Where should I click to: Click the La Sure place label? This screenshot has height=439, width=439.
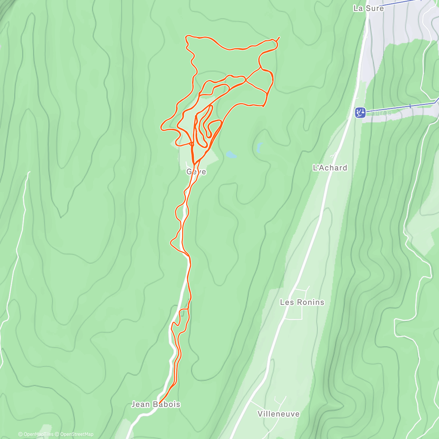(368, 8)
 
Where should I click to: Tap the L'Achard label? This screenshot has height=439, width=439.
(330, 168)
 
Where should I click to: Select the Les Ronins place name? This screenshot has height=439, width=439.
(302, 302)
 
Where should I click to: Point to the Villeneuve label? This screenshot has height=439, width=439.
(278, 414)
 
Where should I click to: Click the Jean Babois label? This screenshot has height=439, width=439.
(156, 404)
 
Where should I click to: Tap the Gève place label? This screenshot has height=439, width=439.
(196, 172)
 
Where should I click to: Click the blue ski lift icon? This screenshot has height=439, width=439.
(360, 112)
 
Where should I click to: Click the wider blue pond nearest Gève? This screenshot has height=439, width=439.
(231, 155)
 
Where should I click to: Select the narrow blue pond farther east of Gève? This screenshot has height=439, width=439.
(259, 147)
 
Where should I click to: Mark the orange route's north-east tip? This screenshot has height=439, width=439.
(279, 37)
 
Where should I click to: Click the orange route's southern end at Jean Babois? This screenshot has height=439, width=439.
(160, 403)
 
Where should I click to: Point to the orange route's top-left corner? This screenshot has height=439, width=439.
(187, 37)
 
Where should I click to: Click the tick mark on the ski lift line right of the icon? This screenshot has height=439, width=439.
(410, 106)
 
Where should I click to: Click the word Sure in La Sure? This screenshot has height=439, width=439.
(375, 8)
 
